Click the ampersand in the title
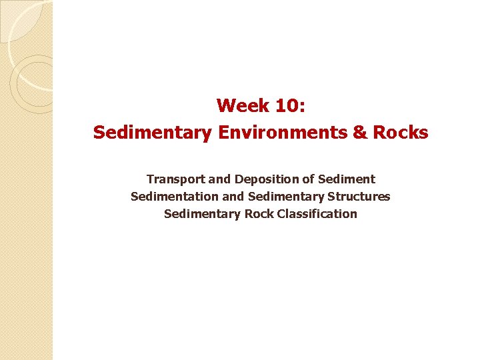[x=360, y=133]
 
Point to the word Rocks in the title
[x=400, y=133]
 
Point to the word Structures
[x=363, y=197]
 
